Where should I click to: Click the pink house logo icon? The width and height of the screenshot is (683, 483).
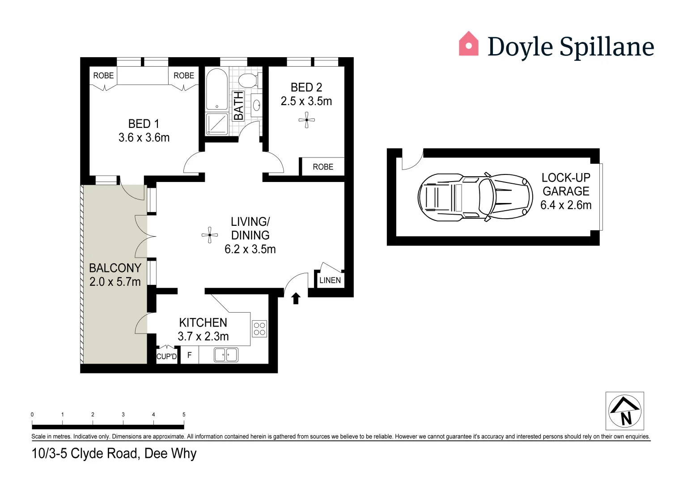click(468, 44)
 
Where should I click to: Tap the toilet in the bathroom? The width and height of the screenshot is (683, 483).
click(247, 80)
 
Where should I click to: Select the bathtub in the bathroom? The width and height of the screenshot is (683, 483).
click(216, 89)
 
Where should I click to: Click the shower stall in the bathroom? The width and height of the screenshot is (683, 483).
click(216, 123)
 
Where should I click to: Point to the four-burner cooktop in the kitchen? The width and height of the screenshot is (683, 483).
click(259, 329)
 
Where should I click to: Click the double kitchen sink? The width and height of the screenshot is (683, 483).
click(226, 355)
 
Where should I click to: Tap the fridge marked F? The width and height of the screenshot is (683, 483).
click(190, 355)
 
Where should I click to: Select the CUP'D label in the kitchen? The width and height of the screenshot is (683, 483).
click(166, 356)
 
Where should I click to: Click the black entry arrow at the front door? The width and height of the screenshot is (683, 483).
click(296, 298)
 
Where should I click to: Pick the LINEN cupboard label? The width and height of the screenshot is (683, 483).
click(330, 280)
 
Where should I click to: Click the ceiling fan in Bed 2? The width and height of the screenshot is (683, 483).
click(307, 120)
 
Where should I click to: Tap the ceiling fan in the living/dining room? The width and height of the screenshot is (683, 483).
click(209, 235)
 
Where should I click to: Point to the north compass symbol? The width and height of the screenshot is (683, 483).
click(625, 411)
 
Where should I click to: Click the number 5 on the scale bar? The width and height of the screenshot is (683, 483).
click(184, 415)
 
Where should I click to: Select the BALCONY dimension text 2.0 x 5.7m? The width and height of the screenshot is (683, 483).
click(115, 282)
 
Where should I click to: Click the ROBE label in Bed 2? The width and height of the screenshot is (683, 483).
click(323, 167)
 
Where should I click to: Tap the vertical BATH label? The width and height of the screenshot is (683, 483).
click(238, 106)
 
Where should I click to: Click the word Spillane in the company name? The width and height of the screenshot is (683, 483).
click(607, 47)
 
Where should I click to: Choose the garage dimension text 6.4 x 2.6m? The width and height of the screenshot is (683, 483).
click(566, 205)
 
